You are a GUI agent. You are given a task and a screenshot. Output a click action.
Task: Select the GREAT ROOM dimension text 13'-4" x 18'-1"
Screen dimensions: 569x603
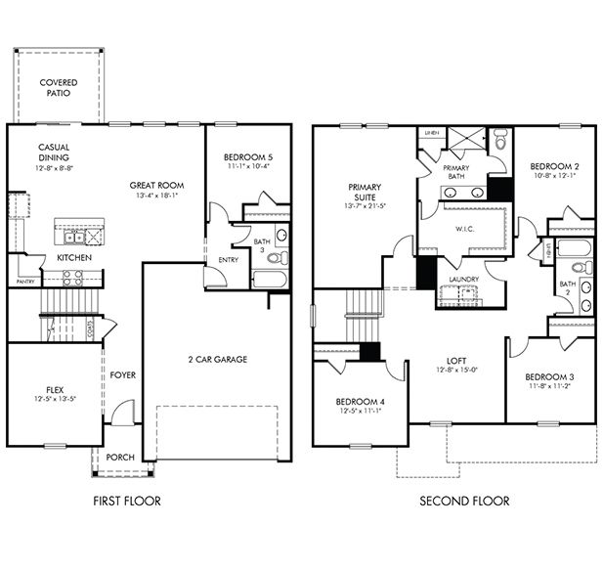(156, 196)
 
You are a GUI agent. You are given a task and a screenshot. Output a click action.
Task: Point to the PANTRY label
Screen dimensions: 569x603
(25, 282)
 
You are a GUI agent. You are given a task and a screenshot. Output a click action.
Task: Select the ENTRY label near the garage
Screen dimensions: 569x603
(228, 260)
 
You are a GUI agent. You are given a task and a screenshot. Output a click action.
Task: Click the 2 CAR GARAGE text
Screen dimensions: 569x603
(217, 359)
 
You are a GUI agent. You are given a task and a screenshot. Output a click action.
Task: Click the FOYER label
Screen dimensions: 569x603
(123, 374)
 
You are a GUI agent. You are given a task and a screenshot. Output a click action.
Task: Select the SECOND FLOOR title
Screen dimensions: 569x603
(465, 502)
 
